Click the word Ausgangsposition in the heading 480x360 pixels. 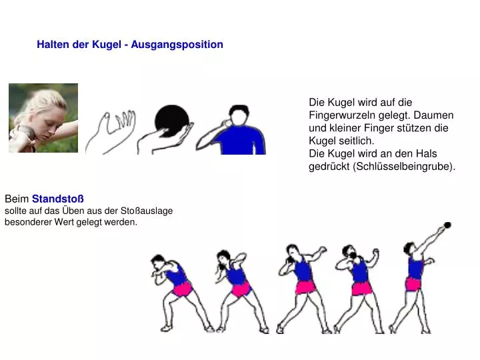point(177,45)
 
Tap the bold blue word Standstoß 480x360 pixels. point(58,199)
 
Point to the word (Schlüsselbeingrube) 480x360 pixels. point(404,167)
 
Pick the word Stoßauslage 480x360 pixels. point(147,211)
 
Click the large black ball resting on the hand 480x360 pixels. point(171,120)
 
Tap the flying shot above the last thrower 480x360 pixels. point(447,225)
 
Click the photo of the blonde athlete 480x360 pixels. point(43,118)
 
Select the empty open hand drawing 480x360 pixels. point(111,131)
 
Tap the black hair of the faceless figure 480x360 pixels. point(239,109)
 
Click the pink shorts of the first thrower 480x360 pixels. point(183,289)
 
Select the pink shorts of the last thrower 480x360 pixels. point(413,284)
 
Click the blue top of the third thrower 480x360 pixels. point(304,269)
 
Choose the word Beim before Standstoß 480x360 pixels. point(17,199)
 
